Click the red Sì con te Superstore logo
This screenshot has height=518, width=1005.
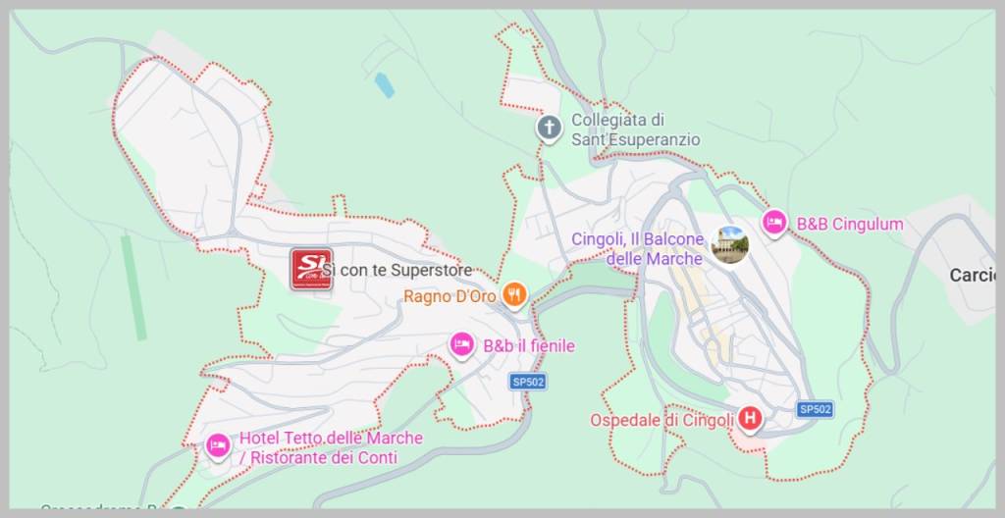coord(311,269)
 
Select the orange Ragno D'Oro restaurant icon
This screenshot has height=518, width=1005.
coord(513,293)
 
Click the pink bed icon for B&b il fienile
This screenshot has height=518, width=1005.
coord(460,344)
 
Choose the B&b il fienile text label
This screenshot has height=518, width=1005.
coord(528,346)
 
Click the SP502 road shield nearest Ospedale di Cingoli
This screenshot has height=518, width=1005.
coord(815,409)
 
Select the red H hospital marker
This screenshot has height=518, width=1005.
coord(751,419)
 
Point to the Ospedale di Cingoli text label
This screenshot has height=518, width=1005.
coord(661,420)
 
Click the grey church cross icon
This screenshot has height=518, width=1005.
coord(549,128)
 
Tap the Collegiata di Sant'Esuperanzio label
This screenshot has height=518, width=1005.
coord(636,129)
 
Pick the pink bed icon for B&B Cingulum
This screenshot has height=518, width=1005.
coord(774,224)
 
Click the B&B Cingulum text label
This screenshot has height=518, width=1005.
coord(849,225)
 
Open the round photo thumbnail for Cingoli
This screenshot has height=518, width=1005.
coord(730,244)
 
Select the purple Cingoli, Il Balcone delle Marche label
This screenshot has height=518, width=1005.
coord(638,249)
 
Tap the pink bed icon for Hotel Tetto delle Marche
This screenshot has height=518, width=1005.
coord(218,446)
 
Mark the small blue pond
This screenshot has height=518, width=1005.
coord(384,85)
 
